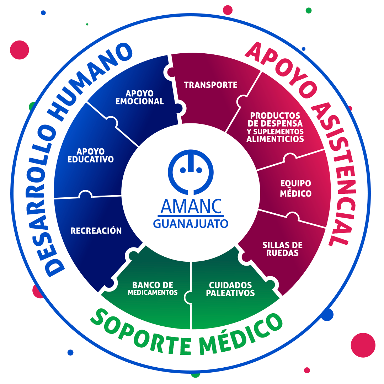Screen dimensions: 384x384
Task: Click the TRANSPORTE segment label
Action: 210,85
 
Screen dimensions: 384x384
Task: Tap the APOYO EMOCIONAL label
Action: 139,97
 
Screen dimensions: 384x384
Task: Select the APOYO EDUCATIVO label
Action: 90,155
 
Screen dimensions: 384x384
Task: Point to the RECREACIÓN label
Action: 96,231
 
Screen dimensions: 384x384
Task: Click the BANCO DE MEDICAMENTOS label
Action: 153,289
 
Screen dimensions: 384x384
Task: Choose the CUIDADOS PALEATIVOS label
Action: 231,289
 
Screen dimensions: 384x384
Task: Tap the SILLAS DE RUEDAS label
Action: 282,249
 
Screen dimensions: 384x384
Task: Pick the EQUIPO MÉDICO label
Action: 295,188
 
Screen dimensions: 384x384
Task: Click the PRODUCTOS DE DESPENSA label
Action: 275,127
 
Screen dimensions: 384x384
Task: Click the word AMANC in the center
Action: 191,206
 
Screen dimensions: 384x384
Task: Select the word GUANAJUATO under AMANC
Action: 191,224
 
